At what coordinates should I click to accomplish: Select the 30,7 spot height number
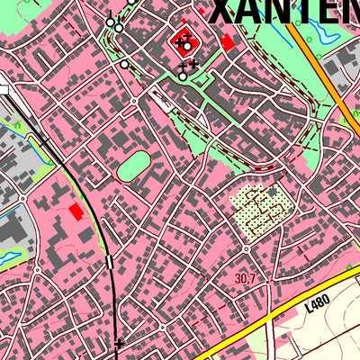pyautogui.click(x=245, y=280)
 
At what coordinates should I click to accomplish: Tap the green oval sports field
pyautogui.click(x=133, y=165)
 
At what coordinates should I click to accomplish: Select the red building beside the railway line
pyautogui.click(x=76, y=211)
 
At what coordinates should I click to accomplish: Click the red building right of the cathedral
pyautogui.click(x=227, y=41)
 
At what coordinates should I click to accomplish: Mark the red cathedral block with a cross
pyautogui.click(x=184, y=40)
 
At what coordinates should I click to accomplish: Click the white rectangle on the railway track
pyautogui.click(x=110, y=262)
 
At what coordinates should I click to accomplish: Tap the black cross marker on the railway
pyautogui.click(x=120, y=342)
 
